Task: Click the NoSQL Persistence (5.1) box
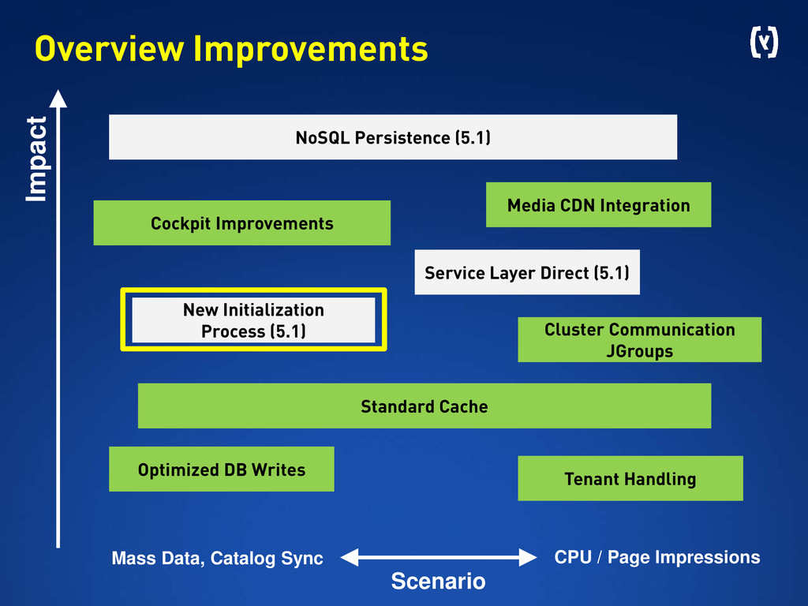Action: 392,137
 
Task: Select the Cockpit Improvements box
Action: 241,223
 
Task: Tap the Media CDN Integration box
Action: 598,205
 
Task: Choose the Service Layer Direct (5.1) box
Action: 526,273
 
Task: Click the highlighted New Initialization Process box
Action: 253,320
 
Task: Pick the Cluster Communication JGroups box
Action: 639,340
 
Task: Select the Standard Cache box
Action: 424,406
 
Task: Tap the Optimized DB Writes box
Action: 221,469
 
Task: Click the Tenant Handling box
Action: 630,478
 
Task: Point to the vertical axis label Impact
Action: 36,159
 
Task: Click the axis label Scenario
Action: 438,582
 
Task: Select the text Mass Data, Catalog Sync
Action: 217,559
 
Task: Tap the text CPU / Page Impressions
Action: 657,557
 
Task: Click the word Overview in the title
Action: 109,49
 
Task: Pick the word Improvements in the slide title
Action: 310,49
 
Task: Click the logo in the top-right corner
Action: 763,43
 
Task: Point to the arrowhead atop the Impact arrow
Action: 58,98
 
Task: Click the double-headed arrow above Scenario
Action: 438,557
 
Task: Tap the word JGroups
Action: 639,351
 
